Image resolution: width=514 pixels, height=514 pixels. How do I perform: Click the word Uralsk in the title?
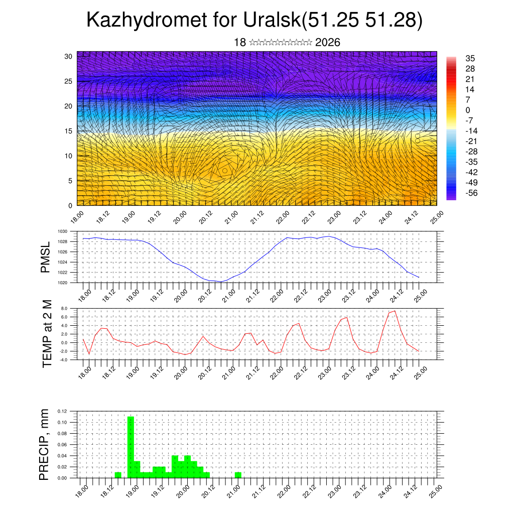click(272, 20)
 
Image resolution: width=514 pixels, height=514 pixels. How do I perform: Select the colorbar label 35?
click(470, 58)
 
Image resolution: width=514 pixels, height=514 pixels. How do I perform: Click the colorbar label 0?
click(468, 110)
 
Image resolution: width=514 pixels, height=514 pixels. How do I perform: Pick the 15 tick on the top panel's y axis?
click(69, 131)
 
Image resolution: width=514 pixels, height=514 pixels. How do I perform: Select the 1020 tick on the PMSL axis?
click(62, 283)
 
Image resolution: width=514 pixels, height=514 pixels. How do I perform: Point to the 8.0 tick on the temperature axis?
click(64, 308)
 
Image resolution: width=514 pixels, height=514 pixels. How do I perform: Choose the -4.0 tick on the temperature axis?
click(63, 360)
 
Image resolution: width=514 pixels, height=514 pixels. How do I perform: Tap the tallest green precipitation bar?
click(131, 447)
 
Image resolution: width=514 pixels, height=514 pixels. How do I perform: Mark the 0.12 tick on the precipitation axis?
click(61, 411)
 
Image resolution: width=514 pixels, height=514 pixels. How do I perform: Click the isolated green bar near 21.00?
click(238, 475)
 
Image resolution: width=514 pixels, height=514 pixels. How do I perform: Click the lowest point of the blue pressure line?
click(221, 282)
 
